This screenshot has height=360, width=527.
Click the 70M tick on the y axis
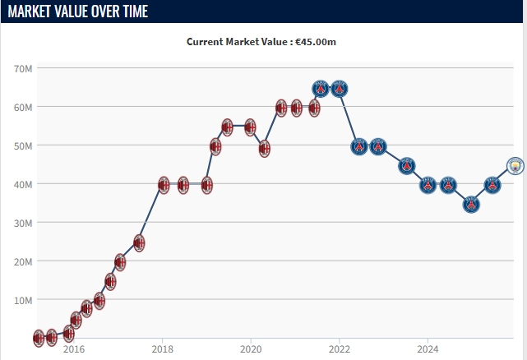point(22,68)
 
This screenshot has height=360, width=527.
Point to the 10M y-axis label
point(22,300)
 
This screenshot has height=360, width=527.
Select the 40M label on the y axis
point(22,184)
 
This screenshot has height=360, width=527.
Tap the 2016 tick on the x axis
point(74,348)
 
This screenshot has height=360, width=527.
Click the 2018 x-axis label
point(163,348)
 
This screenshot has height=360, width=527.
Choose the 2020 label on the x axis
point(251,348)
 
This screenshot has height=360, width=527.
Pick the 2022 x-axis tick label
point(340,348)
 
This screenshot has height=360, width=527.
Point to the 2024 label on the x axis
point(428,348)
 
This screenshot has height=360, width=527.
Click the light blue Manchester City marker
point(515,166)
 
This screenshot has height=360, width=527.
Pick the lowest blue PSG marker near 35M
point(471,204)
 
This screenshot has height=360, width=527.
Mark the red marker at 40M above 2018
point(163,185)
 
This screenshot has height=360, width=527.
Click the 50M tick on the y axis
point(22,145)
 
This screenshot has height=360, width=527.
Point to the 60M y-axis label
point(22,107)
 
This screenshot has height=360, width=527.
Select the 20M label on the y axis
point(22,261)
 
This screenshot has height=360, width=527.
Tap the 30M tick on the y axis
point(22,223)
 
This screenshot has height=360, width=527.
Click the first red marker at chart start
point(39,338)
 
